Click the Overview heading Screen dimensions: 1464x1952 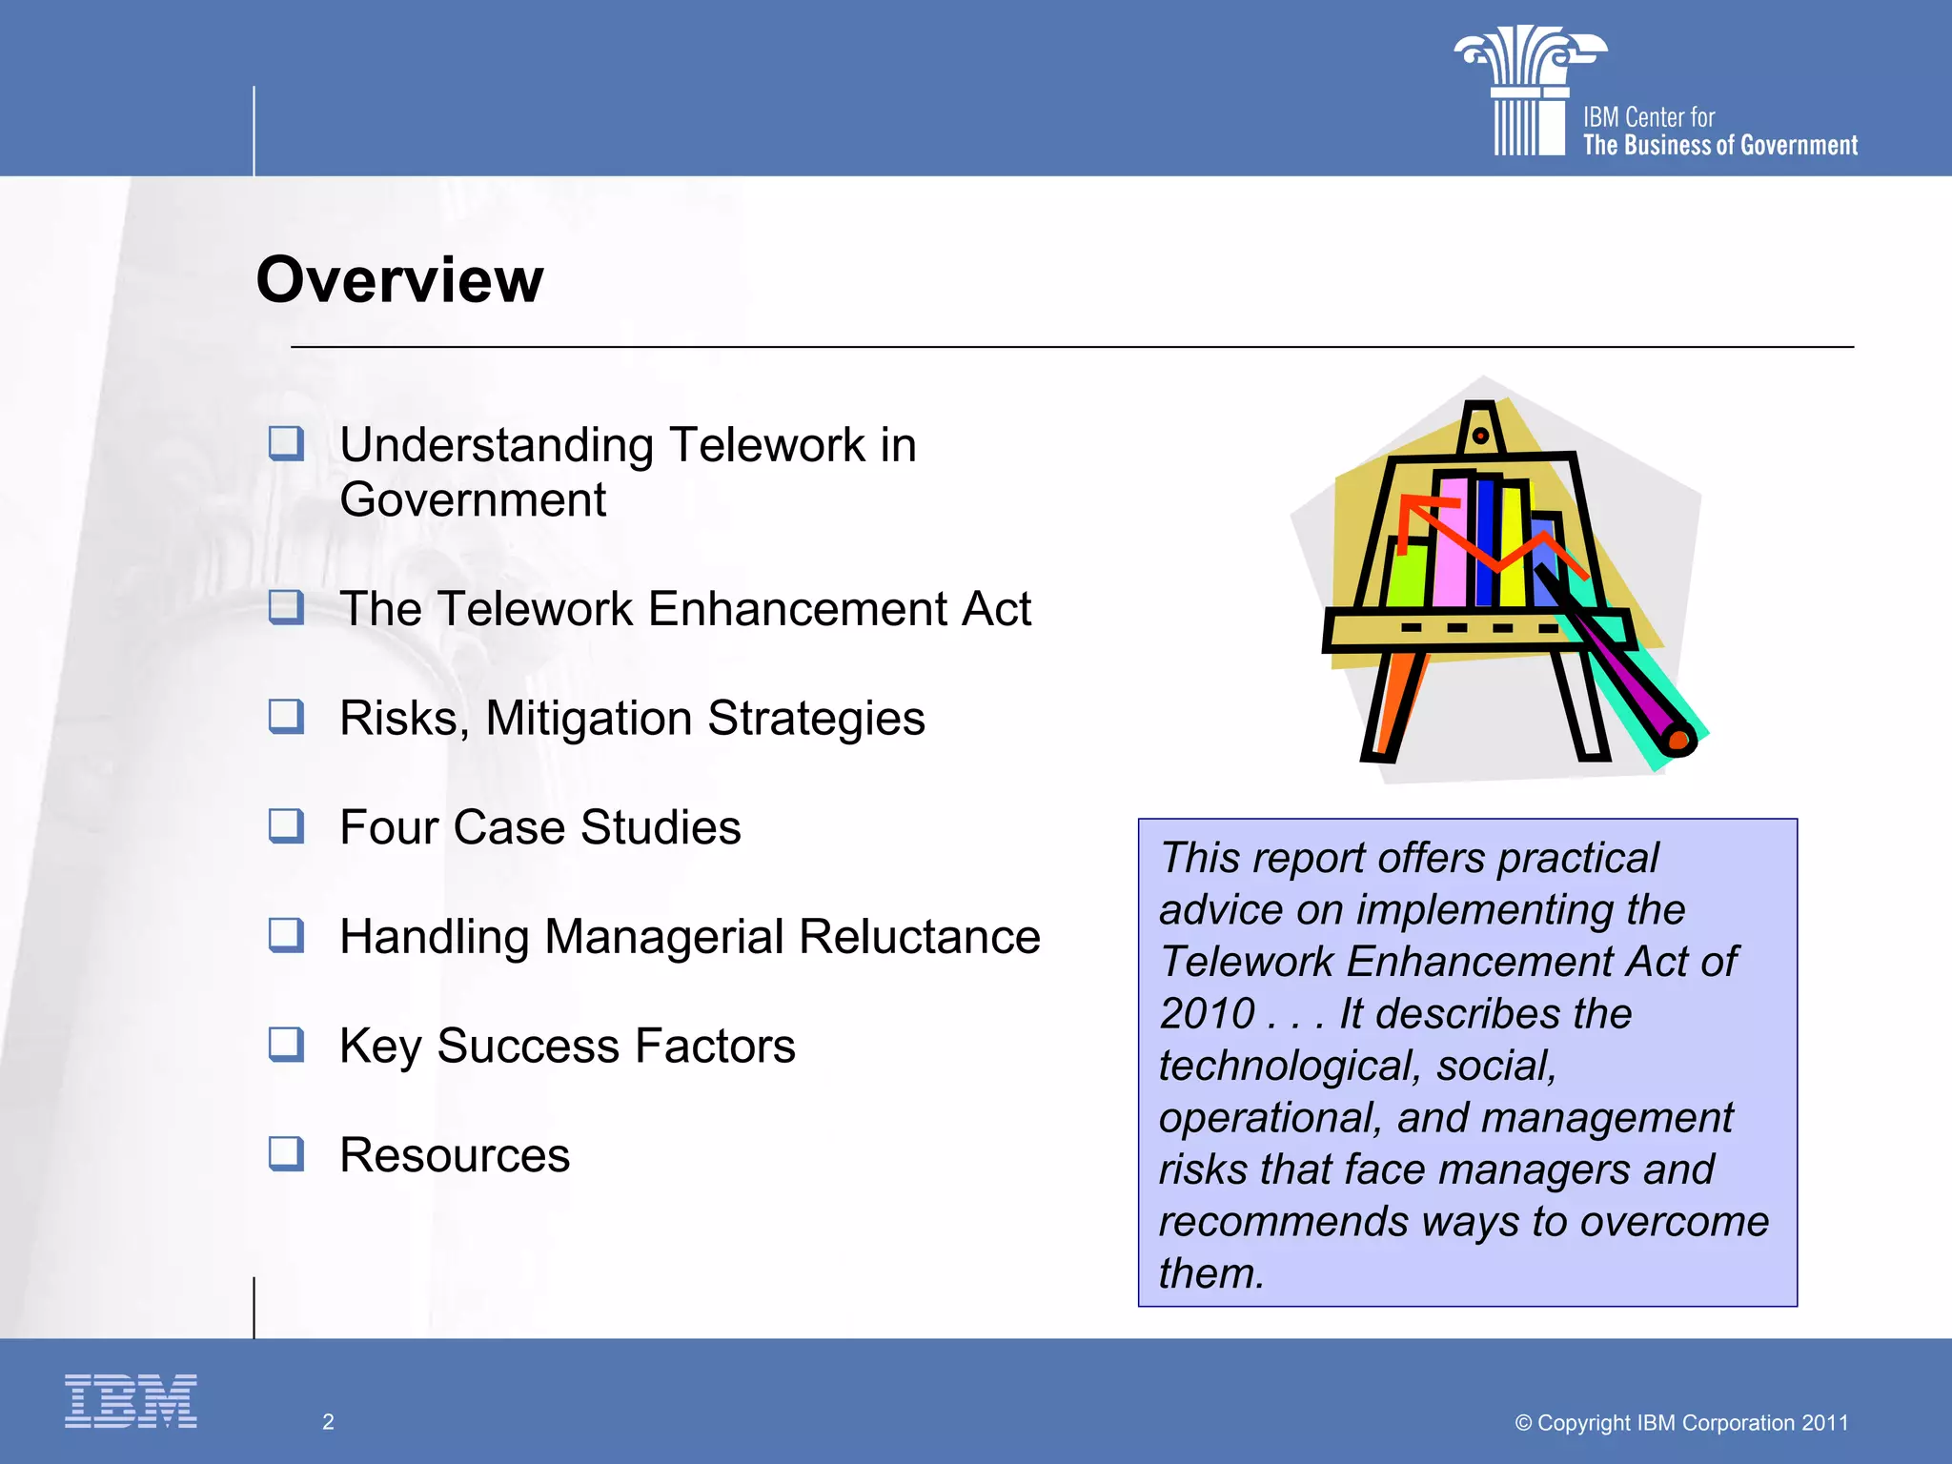399,280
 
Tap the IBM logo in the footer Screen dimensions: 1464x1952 131,1400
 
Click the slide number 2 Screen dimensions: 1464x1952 328,1422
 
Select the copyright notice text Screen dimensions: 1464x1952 1681,1423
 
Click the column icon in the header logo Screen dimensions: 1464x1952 1529,91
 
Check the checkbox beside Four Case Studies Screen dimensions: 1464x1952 286,825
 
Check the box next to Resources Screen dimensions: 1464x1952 286,1153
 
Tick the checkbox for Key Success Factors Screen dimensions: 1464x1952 286,1044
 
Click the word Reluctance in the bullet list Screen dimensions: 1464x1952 920,937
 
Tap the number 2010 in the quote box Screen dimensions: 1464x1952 1208,1013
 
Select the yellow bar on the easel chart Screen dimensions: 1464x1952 1512,548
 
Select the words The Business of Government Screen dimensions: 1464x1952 1720,146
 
